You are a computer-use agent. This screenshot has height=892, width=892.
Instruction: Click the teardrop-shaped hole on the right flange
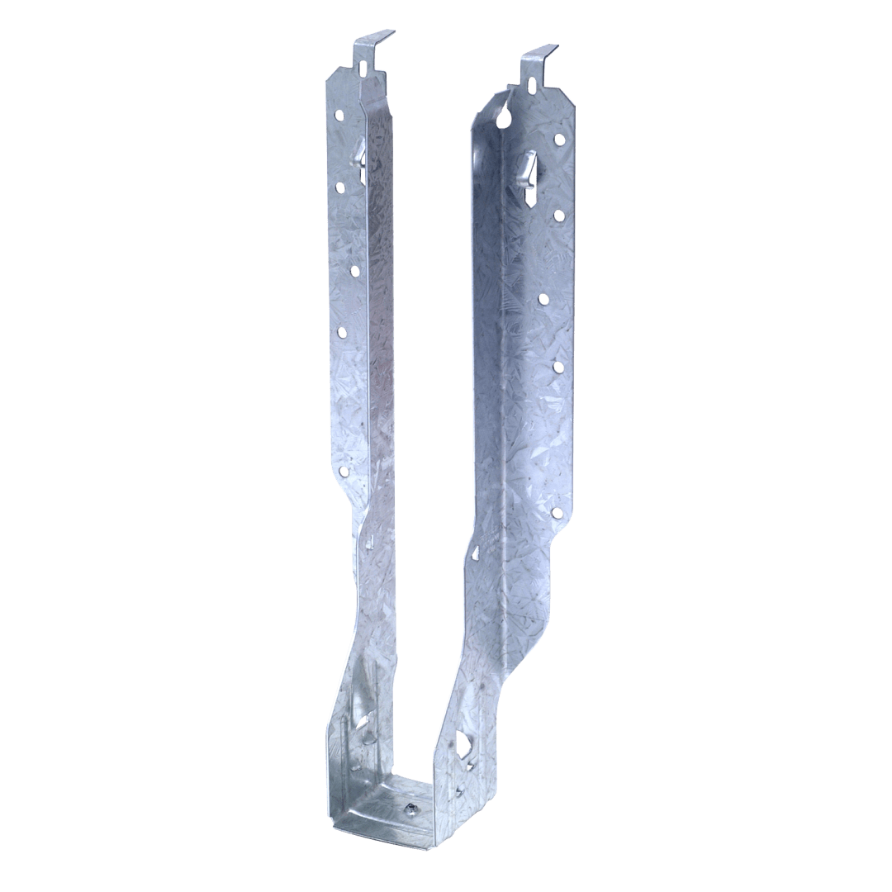(504, 118)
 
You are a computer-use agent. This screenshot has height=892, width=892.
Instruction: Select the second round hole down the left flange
(354, 269)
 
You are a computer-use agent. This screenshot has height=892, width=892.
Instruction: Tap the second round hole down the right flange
(559, 216)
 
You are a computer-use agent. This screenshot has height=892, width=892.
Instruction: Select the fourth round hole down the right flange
(557, 366)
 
